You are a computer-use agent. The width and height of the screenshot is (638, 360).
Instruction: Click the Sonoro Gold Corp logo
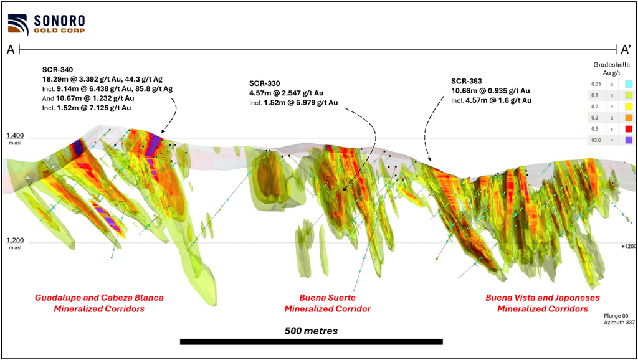point(46,24)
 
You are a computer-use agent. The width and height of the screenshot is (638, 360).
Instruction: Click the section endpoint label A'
point(625,50)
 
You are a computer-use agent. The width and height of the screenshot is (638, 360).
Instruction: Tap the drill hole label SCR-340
point(57,70)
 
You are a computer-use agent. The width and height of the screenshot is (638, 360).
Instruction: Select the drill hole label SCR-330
point(264,84)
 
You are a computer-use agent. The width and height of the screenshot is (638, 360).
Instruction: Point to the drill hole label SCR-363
point(466,82)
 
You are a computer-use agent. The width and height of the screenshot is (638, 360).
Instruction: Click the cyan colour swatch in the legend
point(629,84)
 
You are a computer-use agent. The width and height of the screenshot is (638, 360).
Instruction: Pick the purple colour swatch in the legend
point(629,140)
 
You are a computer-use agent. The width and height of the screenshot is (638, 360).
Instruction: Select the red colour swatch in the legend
point(629,129)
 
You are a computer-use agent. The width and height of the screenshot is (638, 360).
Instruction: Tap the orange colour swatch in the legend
point(629,118)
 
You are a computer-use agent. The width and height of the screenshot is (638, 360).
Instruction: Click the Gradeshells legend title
point(612,69)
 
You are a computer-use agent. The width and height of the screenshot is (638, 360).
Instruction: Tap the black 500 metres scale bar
point(312,342)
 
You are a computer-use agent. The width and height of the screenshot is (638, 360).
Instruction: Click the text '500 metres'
point(312,331)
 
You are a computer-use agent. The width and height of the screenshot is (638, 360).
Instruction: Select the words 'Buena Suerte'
point(328,298)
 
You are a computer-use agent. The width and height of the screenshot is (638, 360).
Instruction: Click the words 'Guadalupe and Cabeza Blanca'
point(99,298)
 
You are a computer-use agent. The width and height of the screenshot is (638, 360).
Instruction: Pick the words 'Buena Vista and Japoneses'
point(543,298)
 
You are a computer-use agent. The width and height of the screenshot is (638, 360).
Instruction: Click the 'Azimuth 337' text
point(619,323)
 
